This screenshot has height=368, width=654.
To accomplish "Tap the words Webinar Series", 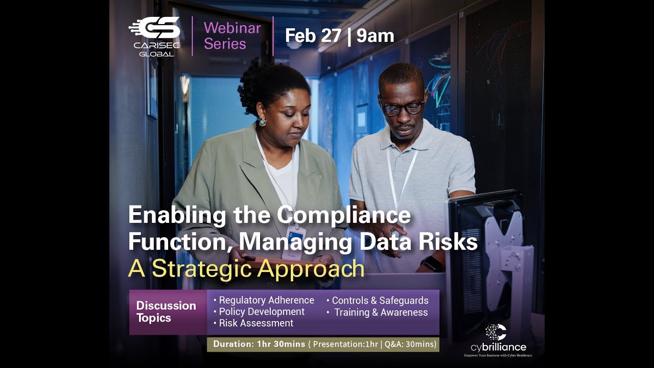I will pyautogui.click(x=232, y=36).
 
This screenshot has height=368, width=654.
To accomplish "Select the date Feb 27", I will pyautogui.click(x=313, y=36).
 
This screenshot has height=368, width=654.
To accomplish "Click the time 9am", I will pyautogui.click(x=376, y=36).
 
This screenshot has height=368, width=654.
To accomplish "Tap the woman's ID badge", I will pyautogui.click(x=293, y=242).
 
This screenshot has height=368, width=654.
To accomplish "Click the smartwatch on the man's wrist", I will pyautogui.click(x=433, y=264).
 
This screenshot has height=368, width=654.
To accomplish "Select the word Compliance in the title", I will pyautogui.click(x=344, y=215).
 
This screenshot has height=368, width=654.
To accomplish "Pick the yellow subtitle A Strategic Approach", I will pyautogui.click(x=246, y=269).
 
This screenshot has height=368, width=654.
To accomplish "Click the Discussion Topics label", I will pyautogui.click(x=166, y=312).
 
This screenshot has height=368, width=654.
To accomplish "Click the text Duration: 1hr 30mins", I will pyautogui.click(x=259, y=344).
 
